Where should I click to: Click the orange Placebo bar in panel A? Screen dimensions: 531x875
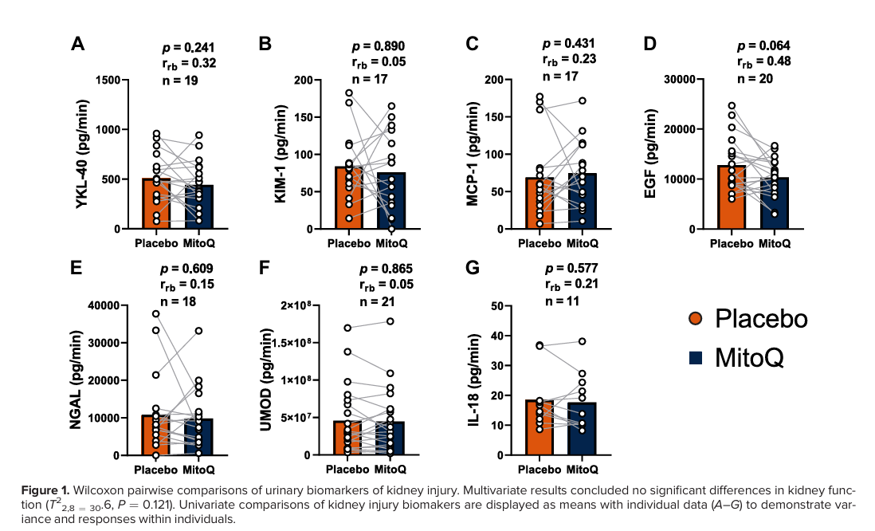156,204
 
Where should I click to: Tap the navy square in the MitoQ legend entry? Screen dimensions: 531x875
696,358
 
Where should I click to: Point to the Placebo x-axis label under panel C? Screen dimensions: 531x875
538,242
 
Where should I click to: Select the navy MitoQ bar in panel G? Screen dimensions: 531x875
583,429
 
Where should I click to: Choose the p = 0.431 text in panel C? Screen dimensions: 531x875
570,43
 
